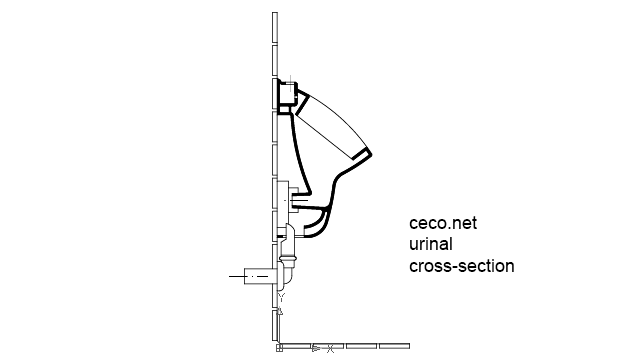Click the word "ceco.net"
443,225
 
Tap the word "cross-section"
462,266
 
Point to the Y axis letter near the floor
282,297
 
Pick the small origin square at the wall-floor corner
279,348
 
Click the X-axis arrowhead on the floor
315,348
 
